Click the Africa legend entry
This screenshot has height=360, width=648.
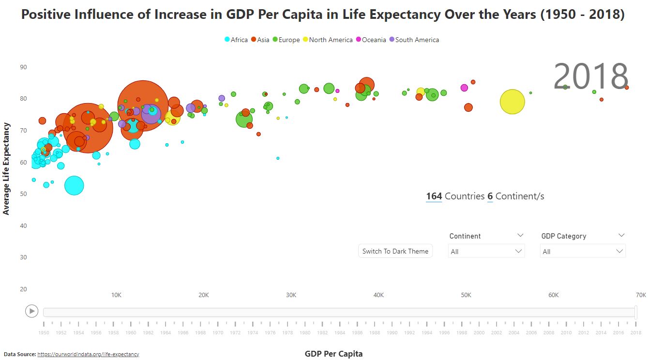point(236,40)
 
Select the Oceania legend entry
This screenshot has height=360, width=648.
point(371,40)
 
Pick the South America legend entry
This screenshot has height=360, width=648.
point(414,40)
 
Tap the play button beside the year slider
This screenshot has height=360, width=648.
point(31,311)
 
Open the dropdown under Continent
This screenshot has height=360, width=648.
point(486,251)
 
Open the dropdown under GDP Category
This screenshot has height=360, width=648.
point(583,251)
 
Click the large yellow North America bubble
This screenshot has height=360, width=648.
point(512,102)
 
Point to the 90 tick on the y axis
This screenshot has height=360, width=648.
point(23,67)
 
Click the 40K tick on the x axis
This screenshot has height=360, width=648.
point(378,295)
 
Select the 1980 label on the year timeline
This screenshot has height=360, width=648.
point(305,333)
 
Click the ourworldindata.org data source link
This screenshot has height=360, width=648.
point(88,354)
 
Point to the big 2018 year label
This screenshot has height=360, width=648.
point(590,77)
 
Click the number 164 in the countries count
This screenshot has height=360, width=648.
point(434,196)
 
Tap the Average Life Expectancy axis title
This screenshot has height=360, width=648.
point(6,168)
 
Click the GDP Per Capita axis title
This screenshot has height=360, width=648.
point(333,354)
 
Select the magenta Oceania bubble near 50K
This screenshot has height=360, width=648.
point(464,88)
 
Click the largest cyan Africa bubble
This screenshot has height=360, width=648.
point(74,185)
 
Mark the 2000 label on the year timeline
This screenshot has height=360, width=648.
point(479,333)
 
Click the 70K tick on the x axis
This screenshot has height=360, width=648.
point(640,295)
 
